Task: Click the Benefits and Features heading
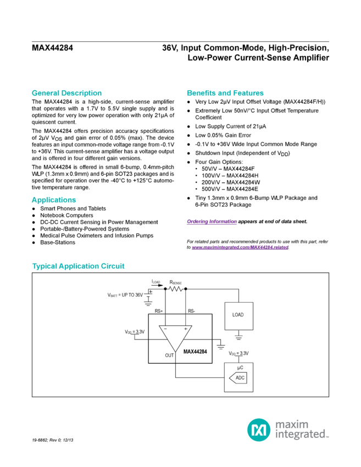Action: (225, 93)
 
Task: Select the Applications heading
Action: (53, 199)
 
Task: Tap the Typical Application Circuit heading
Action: (78, 266)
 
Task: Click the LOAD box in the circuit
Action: (238, 315)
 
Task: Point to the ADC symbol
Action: (239, 377)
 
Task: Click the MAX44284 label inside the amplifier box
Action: (193, 351)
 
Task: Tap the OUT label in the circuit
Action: (169, 355)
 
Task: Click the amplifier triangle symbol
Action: (175, 336)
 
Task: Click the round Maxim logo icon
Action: (257, 429)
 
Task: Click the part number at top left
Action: (51, 48)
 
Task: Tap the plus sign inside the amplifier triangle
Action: (185, 329)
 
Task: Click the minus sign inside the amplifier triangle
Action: (164, 329)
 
